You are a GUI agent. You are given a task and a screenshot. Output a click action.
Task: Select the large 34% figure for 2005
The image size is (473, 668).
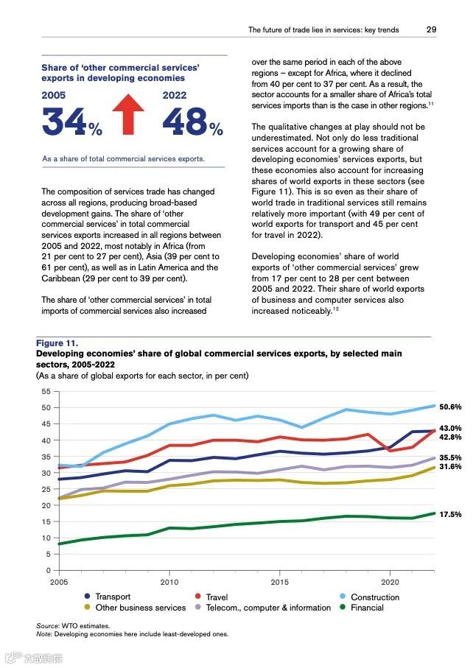[x=71, y=122]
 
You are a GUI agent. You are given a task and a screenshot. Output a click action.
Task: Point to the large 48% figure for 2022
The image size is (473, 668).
[x=192, y=122]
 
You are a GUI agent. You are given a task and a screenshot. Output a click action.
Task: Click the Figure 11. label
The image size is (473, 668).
[x=57, y=343]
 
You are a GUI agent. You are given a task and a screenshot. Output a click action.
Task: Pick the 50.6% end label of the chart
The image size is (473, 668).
[x=449, y=407]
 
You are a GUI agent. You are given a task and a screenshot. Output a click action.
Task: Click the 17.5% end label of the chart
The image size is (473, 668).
[x=449, y=514]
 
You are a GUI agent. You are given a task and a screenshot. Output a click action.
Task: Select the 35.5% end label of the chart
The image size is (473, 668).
[x=449, y=457]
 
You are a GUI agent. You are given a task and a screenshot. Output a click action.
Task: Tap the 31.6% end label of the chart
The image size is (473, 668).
[x=449, y=467]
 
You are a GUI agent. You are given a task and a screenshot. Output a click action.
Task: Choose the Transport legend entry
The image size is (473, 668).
[x=112, y=597]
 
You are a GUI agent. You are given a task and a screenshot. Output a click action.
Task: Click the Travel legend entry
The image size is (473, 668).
[x=217, y=597]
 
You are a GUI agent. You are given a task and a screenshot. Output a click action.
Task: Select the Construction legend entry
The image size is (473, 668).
[x=374, y=597]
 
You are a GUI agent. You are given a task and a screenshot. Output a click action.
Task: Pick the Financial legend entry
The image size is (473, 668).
[x=367, y=608]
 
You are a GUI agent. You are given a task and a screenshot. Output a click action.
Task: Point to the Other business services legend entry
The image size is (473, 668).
[x=140, y=608]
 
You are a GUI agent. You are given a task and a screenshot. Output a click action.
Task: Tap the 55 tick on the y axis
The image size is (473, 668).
[x=46, y=391]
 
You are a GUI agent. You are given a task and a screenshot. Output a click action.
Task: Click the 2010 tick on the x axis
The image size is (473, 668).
[x=169, y=581]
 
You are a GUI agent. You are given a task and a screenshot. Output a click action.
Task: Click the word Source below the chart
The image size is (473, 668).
[x=47, y=625]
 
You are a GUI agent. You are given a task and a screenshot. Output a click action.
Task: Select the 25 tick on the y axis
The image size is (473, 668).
[x=46, y=489]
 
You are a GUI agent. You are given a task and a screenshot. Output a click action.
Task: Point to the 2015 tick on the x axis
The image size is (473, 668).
[x=279, y=581]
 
